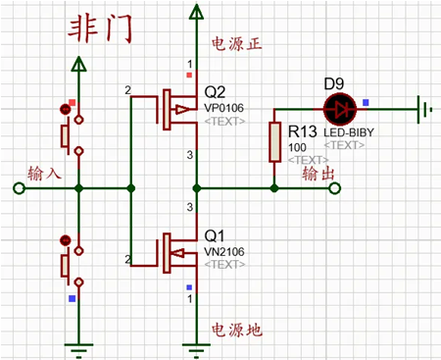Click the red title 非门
pyautogui.click(x=98, y=28)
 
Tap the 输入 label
pyautogui.click(x=44, y=173)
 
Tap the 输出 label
pyautogui.click(x=322, y=173)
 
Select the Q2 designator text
pyautogui.click(x=216, y=91)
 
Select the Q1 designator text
pyautogui.click(x=216, y=236)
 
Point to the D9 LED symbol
pyautogui.click(x=340, y=105)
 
